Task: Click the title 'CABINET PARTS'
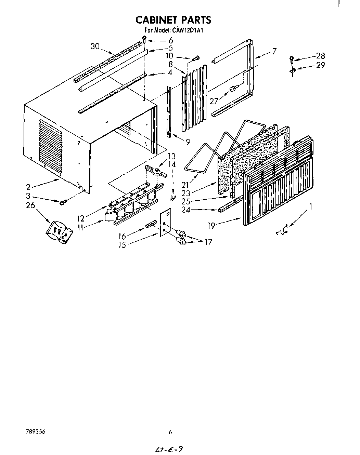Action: pyautogui.click(x=173, y=20)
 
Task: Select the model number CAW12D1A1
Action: pyautogui.click(x=189, y=30)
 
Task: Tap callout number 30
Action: pyautogui.click(x=95, y=46)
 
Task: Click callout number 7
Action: pyautogui.click(x=274, y=51)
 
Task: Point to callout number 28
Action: pyautogui.click(x=320, y=56)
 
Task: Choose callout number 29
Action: pyautogui.click(x=320, y=65)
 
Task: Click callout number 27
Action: pyautogui.click(x=214, y=101)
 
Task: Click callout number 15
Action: pyautogui.click(x=122, y=245)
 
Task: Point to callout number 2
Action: pyautogui.click(x=28, y=187)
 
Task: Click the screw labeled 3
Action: pyautogui.click(x=63, y=203)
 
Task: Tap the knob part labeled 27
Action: pyautogui.click(x=232, y=89)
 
